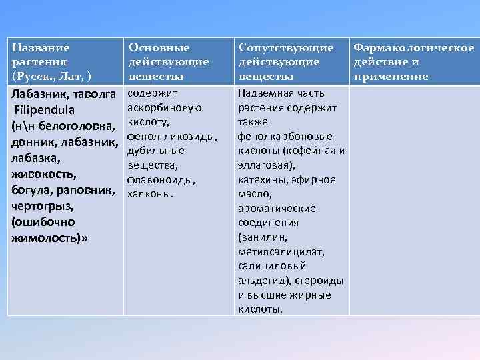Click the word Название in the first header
[x=41, y=48]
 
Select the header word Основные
[x=159, y=48]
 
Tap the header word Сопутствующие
[x=286, y=48]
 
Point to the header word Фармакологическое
[x=414, y=48]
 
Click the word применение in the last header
[x=391, y=77]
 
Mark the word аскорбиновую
[x=164, y=107]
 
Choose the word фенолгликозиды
[x=171, y=136]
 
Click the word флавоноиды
[x=161, y=179]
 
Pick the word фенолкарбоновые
[x=281, y=136]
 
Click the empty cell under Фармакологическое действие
[x=414, y=200]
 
